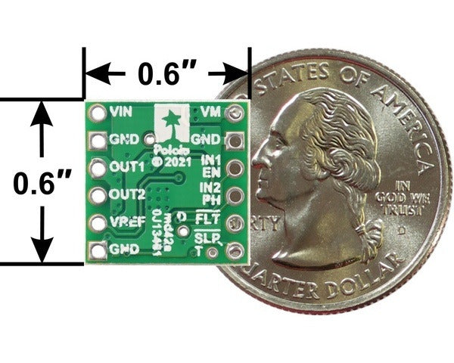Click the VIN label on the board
pos(120,111)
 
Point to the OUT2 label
pos(126,194)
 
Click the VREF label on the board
pos(126,222)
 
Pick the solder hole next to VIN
pos(97,112)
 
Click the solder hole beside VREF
pos(97,223)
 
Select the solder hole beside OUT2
pos(97,195)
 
